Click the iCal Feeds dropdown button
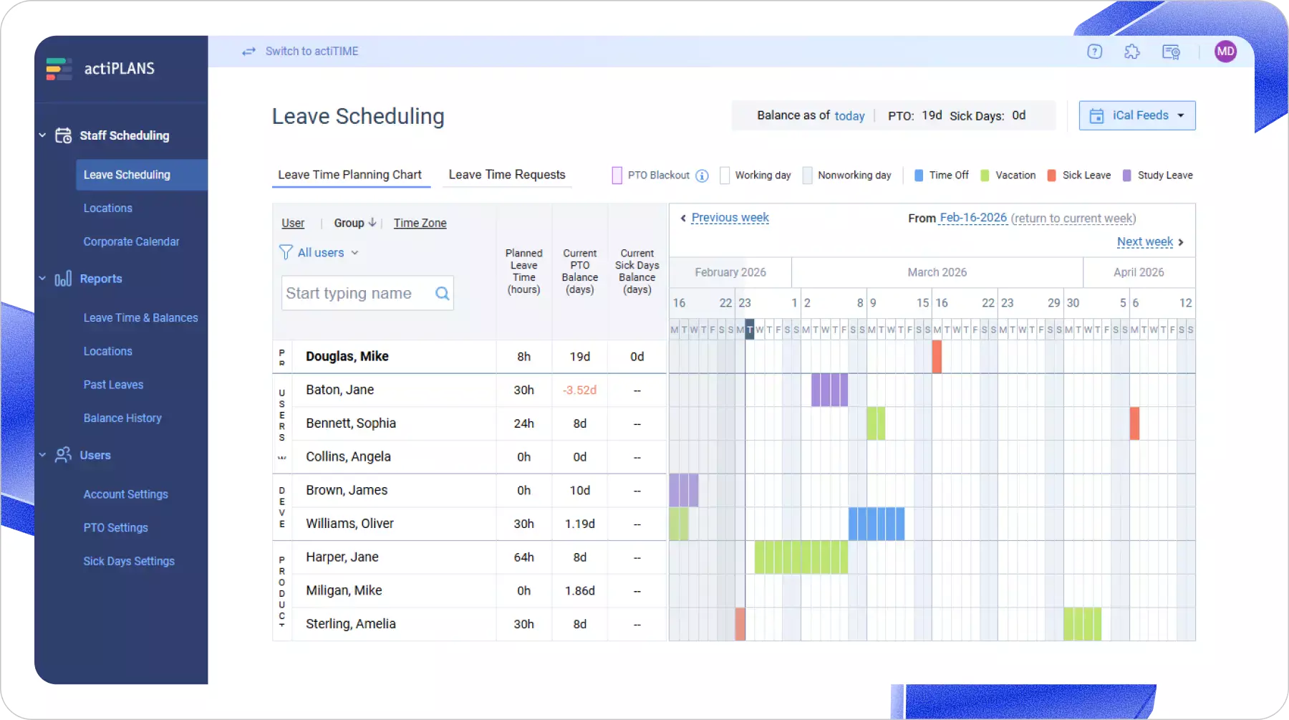click(x=1136, y=115)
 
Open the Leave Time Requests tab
click(x=506, y=175)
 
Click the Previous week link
click(x=730, y=218)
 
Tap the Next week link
click(x=1144, y=242)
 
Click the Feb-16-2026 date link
click(x=972, y=218)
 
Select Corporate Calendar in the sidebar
click(x=131, y=241)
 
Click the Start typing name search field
click(x=358, y=293)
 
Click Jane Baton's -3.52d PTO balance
click(x=579, y=390)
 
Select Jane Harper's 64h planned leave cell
click(x=523, y=557)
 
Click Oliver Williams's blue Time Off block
click(x=876, y=524)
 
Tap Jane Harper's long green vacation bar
click(x=801, y=557)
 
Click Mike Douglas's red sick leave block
click(x=937, y=357)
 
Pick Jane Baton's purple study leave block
click(x=829, y=390)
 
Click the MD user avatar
click(x=1225, y=52)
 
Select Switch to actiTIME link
click(x=312, y=52)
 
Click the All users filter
click(x=320, y=253)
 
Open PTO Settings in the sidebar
click(x=115, y=528)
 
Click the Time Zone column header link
click(x=420, y=224)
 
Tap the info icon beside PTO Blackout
click(x=702, y=176)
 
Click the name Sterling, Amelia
click(x=350, y=624)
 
